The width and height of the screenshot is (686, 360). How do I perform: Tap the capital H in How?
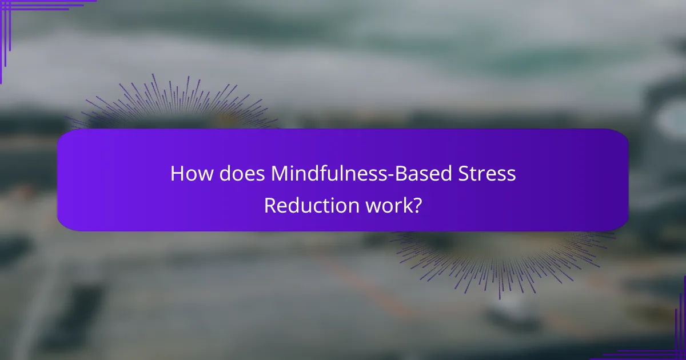pos(178,174)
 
